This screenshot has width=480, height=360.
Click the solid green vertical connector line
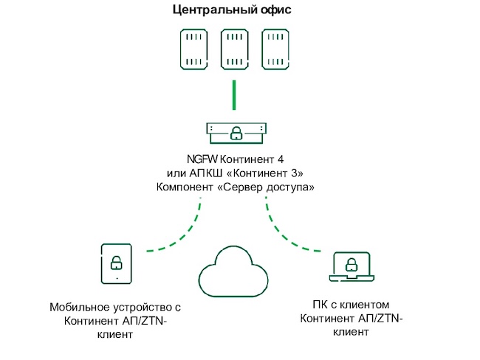coord(234,94)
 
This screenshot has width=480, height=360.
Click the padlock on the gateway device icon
coord(236,133)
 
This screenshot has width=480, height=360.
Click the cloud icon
coord(235,270)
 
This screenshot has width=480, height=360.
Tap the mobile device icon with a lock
coord(116,263)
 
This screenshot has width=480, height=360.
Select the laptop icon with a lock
coord(353,267)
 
